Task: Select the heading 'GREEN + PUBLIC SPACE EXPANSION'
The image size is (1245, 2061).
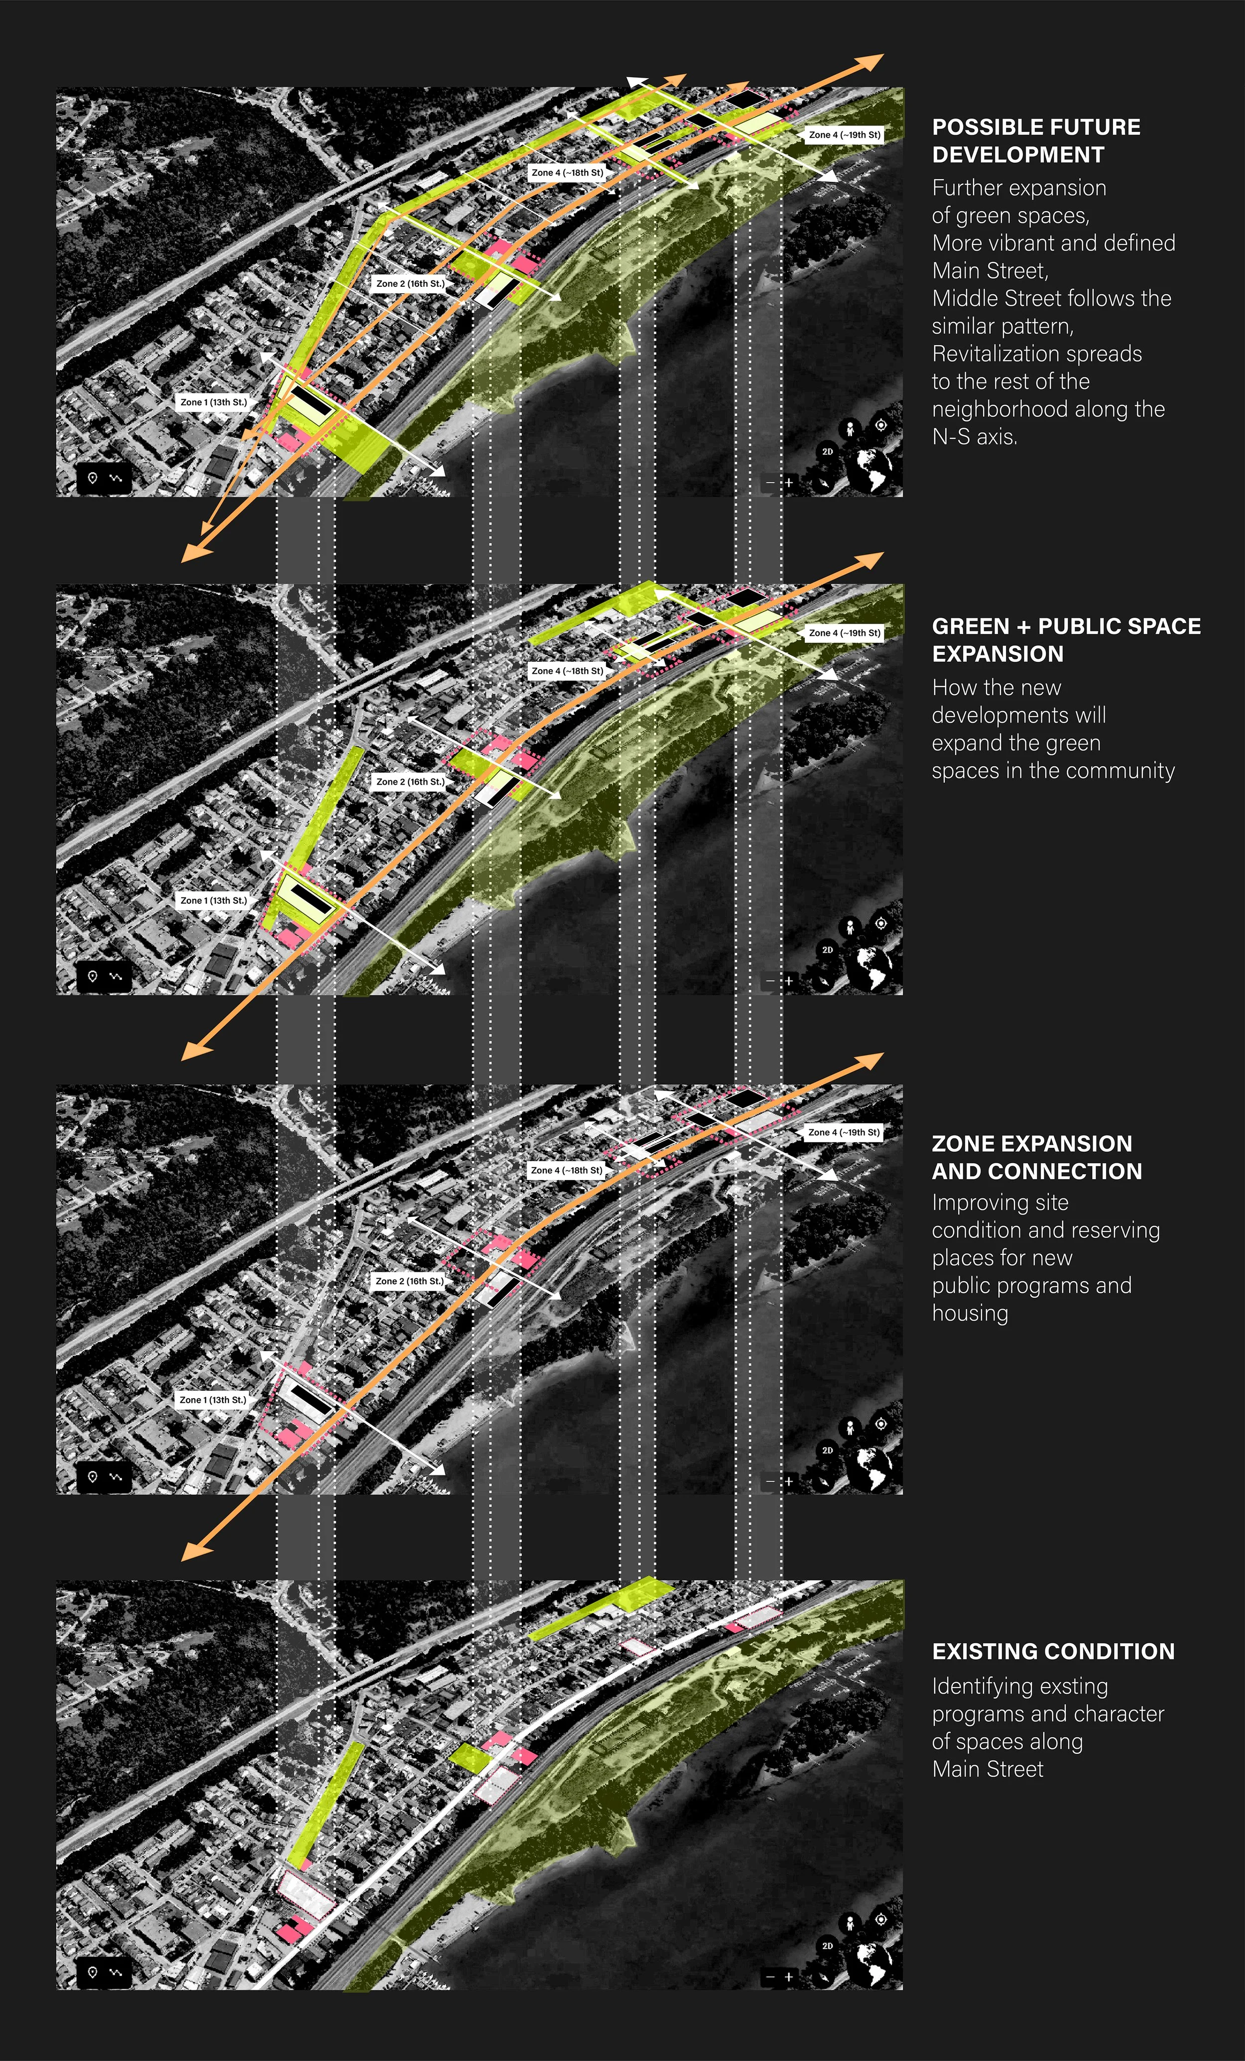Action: (x=1066, y=640)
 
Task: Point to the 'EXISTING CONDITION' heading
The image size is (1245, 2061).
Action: (x=1053, y=1651)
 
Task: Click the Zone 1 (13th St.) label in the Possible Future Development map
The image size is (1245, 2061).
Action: (x=213, y=402)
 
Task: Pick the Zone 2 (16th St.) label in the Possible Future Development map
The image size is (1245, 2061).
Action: (x=410, y=283)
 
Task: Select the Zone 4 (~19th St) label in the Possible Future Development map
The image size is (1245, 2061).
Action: (x=844, y=134)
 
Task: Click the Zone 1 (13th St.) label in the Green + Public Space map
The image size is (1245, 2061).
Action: (x=213, y=901)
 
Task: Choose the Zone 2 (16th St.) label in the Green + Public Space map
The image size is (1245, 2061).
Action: (x=410, y=781)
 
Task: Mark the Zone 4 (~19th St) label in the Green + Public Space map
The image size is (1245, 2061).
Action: (x=844, y=633)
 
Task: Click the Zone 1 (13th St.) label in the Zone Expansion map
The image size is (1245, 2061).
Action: (x=213, y=1399)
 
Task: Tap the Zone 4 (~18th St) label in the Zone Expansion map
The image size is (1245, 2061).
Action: (x=566, y=1170)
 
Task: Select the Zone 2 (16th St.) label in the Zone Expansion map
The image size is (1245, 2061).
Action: (x=409, y=1281)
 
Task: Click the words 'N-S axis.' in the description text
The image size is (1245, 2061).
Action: (x=975, y=437)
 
